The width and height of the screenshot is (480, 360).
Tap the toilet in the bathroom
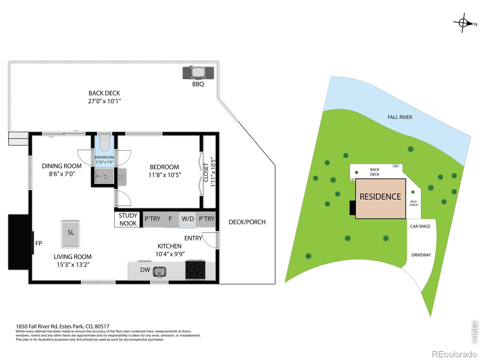point(104,143)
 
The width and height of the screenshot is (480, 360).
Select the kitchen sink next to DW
point(159,272)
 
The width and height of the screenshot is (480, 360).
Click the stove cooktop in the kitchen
point(195,270)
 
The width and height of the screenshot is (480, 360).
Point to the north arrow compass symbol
point(463,23)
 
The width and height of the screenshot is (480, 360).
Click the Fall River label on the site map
point(400,117)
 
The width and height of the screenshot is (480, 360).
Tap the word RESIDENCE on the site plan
point(380,197)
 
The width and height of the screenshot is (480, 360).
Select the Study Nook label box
point(128,220)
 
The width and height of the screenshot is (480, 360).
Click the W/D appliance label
point(187,219)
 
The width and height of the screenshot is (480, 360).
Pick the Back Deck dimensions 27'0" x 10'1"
point(104,101)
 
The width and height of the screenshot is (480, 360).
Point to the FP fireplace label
point(38,243)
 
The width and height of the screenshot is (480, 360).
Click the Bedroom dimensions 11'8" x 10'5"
point(165,175)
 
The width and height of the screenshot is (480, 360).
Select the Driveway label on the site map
point(421,255)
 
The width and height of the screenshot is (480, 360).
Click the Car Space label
point(420,226)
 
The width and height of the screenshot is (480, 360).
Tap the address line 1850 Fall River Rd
point(62,326)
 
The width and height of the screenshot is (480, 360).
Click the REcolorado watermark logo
point(454,354)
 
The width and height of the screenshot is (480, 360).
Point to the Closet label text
point(206,172)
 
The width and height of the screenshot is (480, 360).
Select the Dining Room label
point(62,166)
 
